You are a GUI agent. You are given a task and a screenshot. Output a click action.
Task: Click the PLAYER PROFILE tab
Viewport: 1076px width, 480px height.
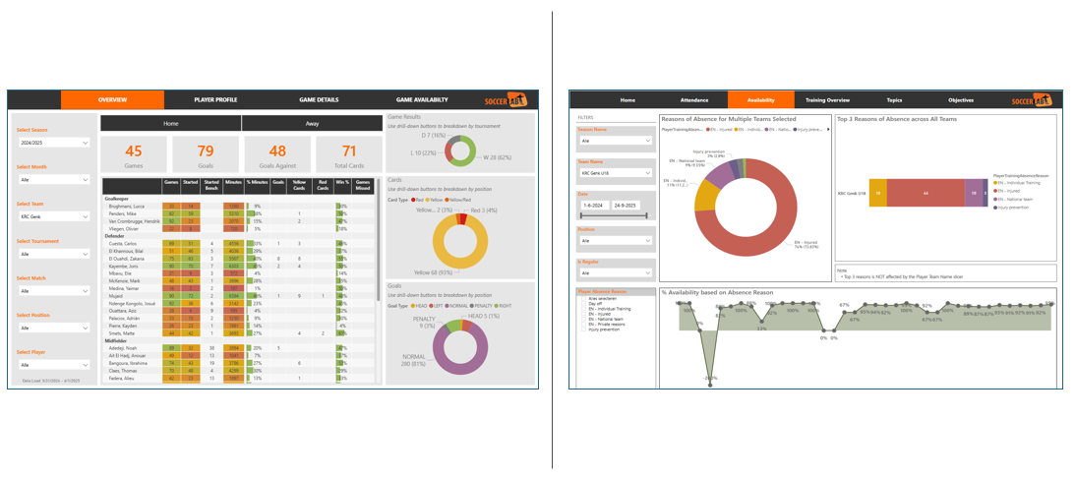215,100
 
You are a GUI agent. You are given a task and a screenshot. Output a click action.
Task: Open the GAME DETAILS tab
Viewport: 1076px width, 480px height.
319,100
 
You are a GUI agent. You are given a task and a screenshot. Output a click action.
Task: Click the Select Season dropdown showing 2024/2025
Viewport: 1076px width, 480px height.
54,143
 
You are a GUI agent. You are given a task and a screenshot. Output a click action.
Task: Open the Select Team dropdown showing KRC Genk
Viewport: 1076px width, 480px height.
54,216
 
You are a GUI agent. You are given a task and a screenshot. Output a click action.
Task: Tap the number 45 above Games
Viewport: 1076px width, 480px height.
134,150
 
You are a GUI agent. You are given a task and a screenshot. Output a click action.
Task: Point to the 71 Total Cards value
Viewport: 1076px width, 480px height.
349,150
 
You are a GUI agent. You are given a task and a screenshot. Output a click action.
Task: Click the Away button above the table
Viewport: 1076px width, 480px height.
312,124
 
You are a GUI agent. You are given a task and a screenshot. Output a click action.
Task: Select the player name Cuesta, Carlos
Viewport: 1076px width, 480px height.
123,243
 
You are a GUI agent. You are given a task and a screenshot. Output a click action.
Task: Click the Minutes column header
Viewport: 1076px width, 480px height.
233,183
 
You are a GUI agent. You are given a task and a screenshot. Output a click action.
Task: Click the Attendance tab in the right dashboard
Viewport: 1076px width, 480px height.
694,100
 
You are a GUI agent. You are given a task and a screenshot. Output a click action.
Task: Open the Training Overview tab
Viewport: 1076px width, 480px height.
827,100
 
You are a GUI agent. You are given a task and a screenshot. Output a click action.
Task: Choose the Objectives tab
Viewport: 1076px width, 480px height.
961,100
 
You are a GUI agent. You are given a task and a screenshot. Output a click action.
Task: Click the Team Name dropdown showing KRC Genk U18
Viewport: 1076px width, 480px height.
615,173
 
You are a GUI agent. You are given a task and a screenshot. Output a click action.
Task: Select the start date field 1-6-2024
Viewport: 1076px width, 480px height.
593,205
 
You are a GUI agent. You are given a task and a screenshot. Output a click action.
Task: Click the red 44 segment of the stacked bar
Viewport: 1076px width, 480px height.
925,194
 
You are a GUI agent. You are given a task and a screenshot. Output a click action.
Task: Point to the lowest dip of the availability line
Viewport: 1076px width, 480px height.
709,377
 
